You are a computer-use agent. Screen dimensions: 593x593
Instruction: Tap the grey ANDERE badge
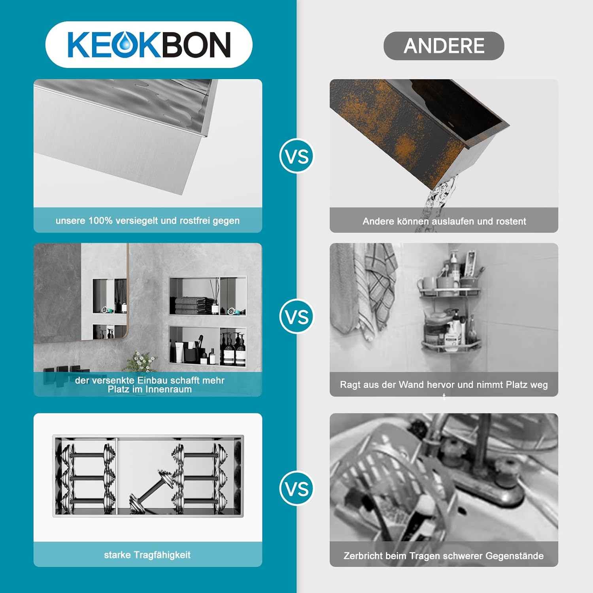[x=444, y=46]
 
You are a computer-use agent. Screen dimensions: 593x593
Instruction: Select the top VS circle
[x=296, y=156]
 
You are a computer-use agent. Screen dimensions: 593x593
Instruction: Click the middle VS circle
[x=296, y=317]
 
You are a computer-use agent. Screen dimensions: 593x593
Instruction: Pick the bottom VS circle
[x=296, y=489]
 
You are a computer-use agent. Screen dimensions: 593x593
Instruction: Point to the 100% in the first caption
[x=100, y=221]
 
